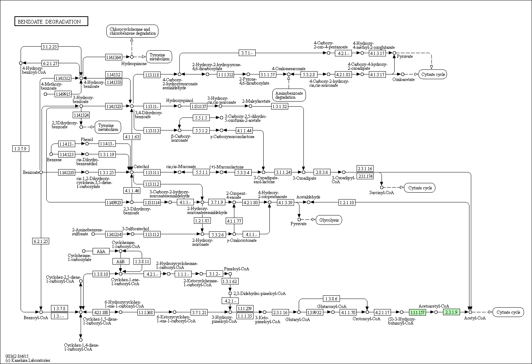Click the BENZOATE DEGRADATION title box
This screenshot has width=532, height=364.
tap(51, 22)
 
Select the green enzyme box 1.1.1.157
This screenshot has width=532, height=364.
tap(417, 312)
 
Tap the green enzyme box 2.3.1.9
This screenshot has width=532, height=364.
tap(451, 312)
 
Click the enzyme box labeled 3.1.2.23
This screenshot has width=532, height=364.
tap(50, 47)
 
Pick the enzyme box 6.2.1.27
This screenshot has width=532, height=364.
tap(50, 63)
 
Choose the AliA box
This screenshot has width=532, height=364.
tap(101, 251)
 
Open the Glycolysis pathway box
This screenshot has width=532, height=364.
tap(329, 220)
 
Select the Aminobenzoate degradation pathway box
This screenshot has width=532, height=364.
tap(289, 95)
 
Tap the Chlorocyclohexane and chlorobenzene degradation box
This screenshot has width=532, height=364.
tap(133, 31)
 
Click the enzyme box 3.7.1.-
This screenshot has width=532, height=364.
tap(247, 53)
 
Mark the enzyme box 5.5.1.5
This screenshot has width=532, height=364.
tap(201, 118)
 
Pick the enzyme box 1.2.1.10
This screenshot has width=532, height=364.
tap(346, 202)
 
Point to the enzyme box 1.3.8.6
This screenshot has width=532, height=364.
tap(331, 299)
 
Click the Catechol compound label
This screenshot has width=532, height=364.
tap(141, 167)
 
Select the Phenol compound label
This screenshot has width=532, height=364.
tap(87, 140)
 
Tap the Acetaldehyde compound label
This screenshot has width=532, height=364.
tap(308, 197)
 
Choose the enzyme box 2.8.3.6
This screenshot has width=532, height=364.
tap(321, 172)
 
